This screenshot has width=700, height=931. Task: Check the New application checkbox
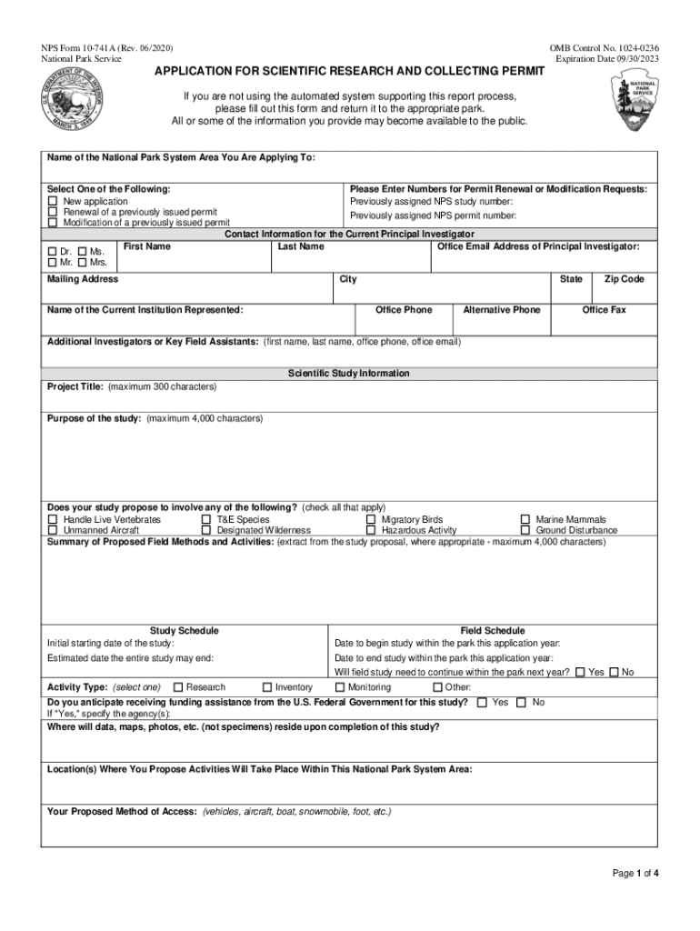click(53, 201)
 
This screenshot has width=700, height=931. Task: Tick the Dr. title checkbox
click(52, 252)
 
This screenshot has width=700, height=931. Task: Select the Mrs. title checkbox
click(83, 263)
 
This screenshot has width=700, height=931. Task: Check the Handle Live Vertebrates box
click(53, 520)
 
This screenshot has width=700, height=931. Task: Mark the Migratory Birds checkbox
click(371, 520)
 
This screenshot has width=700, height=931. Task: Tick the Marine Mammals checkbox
click(525, 520)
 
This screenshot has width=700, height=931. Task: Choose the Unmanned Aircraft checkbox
click(53, 531)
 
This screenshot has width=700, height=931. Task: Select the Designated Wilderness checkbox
click(206, 531)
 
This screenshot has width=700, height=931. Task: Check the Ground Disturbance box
click(525, 531)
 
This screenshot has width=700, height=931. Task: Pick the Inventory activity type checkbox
click(267, 687)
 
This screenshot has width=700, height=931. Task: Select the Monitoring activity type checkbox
click(339, 687)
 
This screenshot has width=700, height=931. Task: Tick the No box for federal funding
click(521, 703)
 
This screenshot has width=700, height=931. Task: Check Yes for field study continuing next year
click(580, 672)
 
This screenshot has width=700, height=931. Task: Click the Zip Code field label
click(624, 279)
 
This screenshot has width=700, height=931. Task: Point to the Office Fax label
click(604, 310)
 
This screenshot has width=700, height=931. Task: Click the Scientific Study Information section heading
click(349, 374)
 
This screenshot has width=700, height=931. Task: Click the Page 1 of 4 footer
click(635, 874)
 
